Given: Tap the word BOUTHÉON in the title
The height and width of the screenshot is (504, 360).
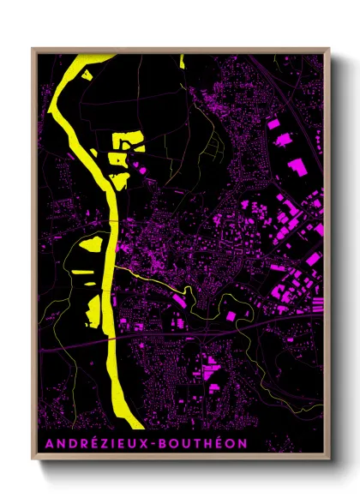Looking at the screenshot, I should pos(205,444).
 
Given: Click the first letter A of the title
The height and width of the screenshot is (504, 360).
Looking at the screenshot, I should pos(45,444).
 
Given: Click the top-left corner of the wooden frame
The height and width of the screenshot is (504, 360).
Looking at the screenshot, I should pos(32,48).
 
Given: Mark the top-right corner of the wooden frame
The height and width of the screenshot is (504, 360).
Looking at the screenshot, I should pos(330,48).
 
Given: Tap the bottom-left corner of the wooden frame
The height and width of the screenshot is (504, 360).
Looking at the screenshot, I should pos(32,459).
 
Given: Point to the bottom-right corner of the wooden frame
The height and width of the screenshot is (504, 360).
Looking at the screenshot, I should pos(330,459).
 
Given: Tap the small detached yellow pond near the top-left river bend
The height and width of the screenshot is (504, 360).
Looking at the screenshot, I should pos(87,75).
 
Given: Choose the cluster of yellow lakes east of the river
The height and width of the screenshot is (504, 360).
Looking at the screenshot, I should pos(124,154).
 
